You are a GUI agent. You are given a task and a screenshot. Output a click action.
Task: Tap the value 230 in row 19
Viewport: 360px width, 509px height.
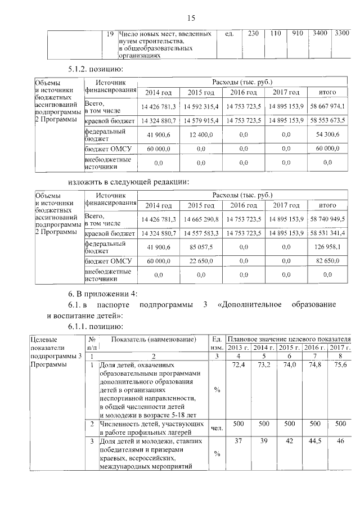click(x=253, y=34)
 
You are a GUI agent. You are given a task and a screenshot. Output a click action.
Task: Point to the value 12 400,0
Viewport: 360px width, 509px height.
click(x=201, y=135)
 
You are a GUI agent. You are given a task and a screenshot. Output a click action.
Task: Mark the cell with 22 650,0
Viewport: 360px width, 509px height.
click(x=201, y=262)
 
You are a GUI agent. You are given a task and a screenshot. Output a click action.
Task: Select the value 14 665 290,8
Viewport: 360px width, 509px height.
click(x=201, y=218)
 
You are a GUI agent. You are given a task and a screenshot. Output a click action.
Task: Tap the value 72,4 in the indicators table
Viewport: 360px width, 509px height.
click(x=238, y=366)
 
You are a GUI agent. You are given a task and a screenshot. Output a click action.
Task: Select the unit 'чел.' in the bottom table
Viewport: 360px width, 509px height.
click(x=217, y=428)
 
